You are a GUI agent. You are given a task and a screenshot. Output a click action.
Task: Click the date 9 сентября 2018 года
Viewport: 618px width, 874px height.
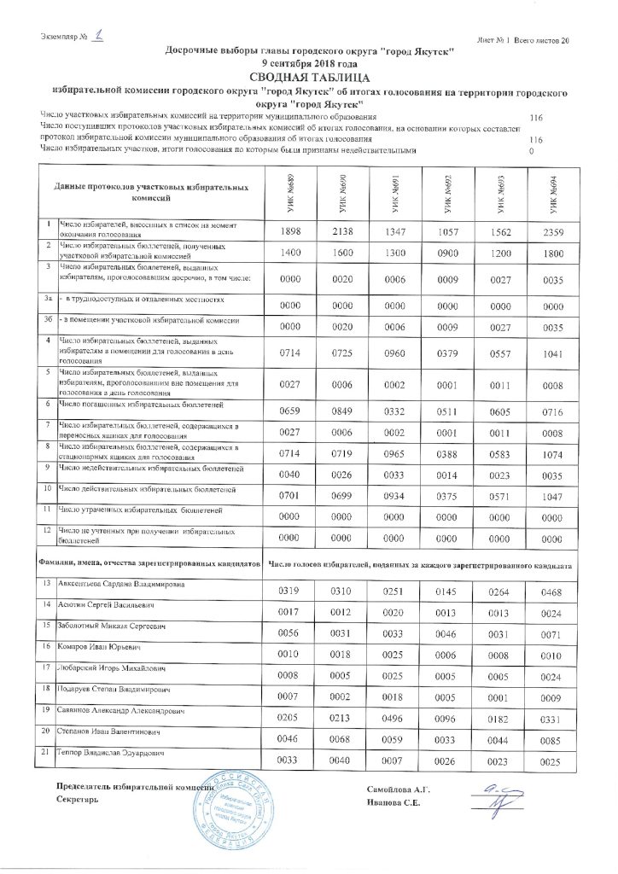click(309, 63)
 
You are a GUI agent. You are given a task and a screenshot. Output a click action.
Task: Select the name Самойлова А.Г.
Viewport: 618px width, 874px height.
click(399, 793)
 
